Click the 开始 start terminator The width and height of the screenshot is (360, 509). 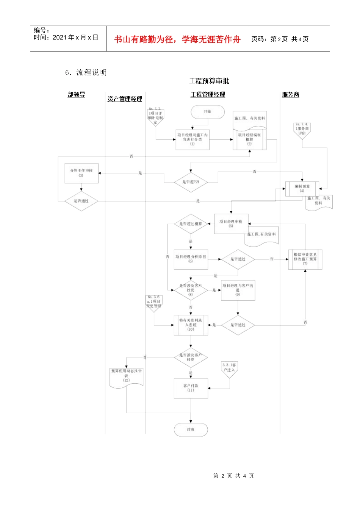tap(208, 112)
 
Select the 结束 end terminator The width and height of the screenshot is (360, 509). tap(191, 429)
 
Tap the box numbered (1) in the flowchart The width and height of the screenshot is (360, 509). tap(193, 139)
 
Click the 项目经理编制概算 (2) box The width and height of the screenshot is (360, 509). tap(249, 140)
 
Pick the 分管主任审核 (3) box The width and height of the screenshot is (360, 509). tap(81, 173)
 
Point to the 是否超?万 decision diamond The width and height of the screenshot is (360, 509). tap(191, 182)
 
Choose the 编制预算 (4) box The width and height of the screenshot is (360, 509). tap(302, 189)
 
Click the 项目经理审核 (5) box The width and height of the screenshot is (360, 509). tap(231, 224)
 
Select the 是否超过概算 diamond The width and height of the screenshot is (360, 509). tap(191, 224)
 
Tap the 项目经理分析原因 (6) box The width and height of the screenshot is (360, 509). tap(191, 259)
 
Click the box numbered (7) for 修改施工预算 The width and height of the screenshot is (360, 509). tap(305, 259)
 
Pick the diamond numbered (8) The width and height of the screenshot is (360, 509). tap(191, 290)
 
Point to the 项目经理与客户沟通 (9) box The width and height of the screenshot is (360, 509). tap(238, 290)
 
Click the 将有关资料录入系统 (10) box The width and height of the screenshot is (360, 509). tap(191, 325)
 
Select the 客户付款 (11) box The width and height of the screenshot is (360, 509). tap(191, 388)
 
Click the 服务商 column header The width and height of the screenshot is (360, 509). tap(291, 95)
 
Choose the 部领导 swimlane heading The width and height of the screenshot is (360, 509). tap(77, 95)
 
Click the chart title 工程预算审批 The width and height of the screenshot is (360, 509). tap(209, 81)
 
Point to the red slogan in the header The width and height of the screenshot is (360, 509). tap(177, 39)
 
